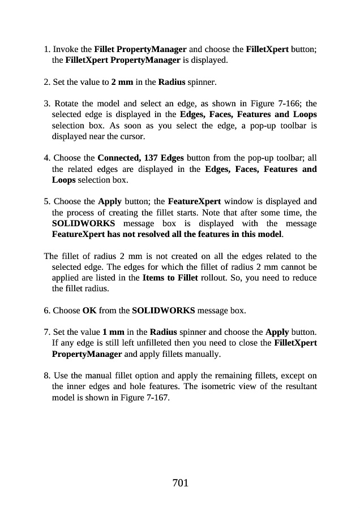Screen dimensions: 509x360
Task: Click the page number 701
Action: [x=180, y=482]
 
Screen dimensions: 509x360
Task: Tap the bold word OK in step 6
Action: [x=89, y=310]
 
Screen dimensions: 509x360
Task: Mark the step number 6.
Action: [x=46, y=310]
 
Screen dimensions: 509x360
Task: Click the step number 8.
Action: [x=46, y=376]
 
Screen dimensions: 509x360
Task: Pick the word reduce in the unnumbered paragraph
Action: [x=303, y=277]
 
